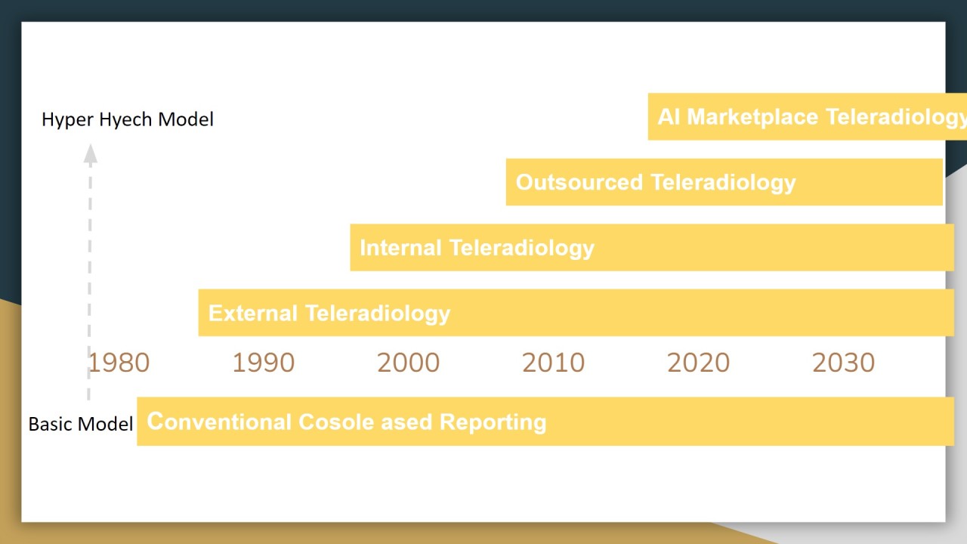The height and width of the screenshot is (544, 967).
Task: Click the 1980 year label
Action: [x=119, y=363]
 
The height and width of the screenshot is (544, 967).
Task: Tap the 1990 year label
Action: [x=263, y=363]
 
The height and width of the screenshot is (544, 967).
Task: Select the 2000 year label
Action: [x=408, y=363]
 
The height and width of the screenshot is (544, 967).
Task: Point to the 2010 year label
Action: [x=553, y=363]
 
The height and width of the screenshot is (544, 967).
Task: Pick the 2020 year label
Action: [x=698, y=363]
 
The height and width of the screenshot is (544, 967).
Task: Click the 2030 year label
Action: [x=843, y=363]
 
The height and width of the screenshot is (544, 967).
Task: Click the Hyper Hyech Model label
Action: [x=128, y=119]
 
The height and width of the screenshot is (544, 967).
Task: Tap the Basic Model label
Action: [x=81, y=424]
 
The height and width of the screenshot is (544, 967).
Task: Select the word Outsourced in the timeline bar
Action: [x=579, y=182]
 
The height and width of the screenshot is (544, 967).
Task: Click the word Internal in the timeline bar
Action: [x=400, y=248]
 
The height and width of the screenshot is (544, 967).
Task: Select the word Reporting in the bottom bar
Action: [x=493, y=422]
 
